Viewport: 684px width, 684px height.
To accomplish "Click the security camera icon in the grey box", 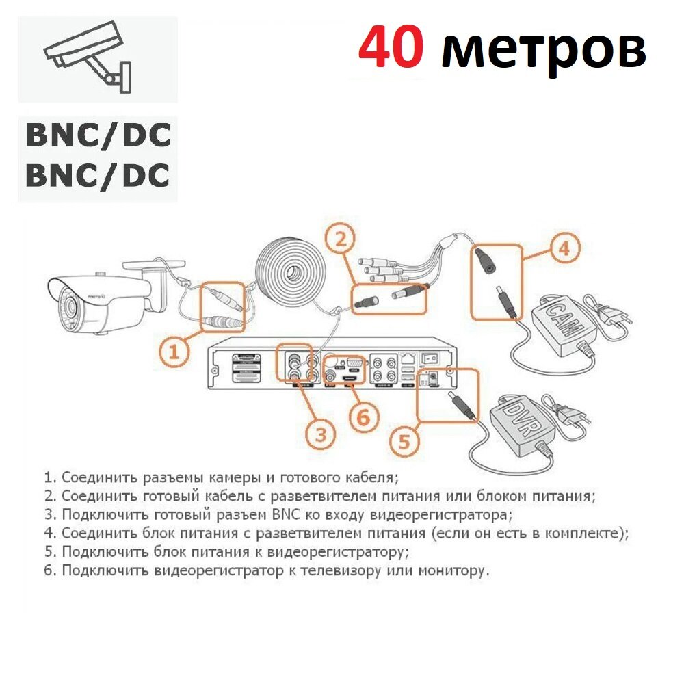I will click(88, 56).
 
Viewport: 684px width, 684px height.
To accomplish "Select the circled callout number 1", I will click(174, 352).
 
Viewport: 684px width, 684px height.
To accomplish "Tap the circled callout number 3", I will click(321, 432).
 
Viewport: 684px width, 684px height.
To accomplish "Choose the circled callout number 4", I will click(563, 248).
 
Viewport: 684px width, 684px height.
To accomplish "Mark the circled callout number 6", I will click(363, 415).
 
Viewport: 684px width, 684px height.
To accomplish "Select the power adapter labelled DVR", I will click(521, 425).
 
